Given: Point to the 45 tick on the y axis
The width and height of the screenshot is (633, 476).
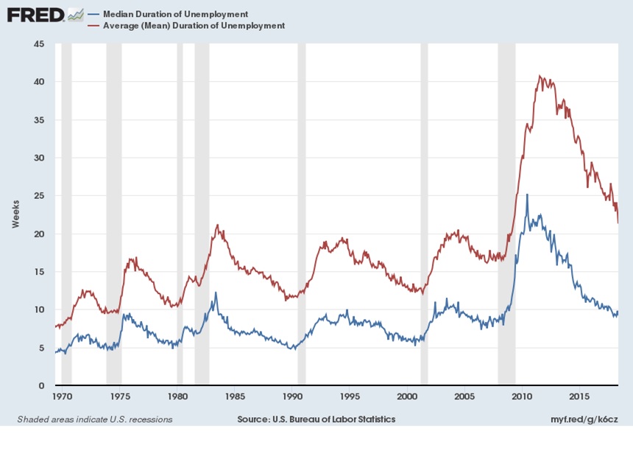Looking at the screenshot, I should pyautogui.click(x=39, y=44).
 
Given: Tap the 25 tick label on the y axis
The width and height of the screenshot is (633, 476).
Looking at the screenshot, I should pyautogui.click(x=39, y=196).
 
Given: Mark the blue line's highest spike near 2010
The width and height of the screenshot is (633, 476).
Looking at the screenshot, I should pyautogui.click(x=526, y=195).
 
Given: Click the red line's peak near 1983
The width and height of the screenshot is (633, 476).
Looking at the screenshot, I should pyautogui.click(x=217, y=225).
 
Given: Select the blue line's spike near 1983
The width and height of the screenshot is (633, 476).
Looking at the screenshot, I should pyautogui.click(x=216, y=293).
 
